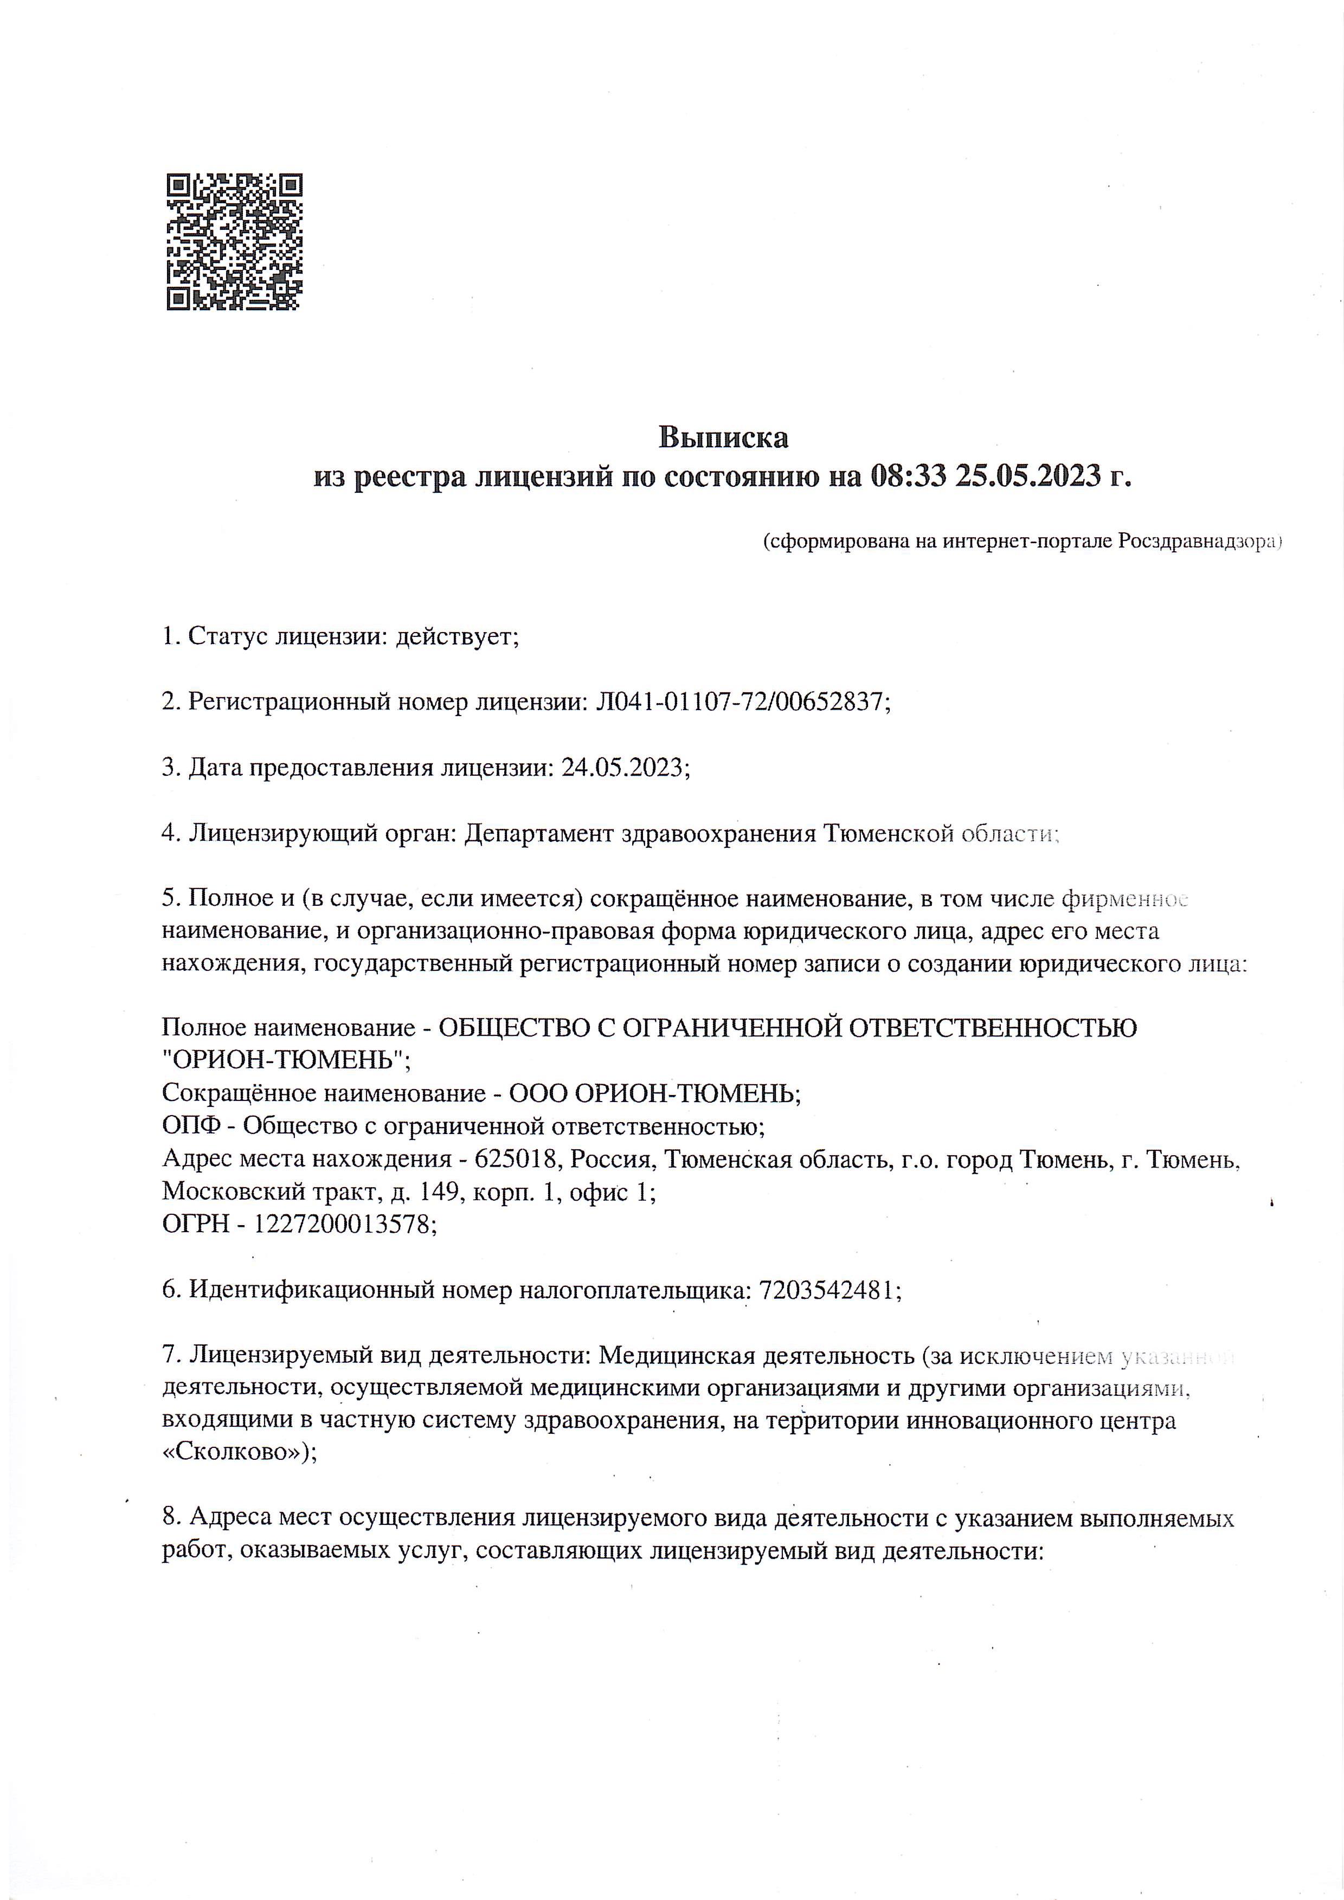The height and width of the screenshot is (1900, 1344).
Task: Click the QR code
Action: point(234,242)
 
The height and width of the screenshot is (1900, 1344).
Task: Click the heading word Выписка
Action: point(723,437)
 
